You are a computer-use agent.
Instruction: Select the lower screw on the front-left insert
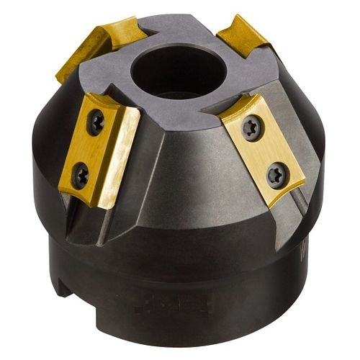(81, 173)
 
